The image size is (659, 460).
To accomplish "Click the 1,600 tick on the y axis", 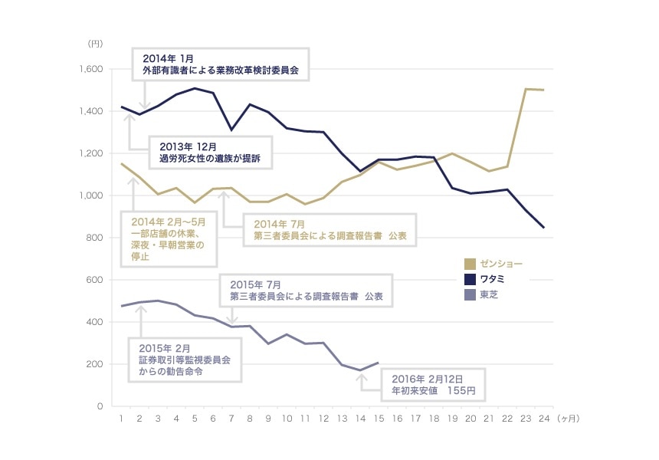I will (x=90, y=70).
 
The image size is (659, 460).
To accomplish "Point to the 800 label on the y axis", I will (x=93, y=238).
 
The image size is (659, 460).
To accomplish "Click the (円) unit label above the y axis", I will (x=94, y=44).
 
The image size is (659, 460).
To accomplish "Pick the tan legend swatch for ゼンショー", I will (x=470, y=264).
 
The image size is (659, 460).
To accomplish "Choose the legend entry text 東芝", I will (x=489, y=294).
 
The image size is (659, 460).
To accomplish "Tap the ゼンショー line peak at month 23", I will (x=526, y=89).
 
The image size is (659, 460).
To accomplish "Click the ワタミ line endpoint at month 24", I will (x=543, y=228).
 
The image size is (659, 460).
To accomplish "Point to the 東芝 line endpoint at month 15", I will (x=378, y=363).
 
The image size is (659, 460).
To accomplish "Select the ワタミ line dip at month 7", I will (x=232, y=130).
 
